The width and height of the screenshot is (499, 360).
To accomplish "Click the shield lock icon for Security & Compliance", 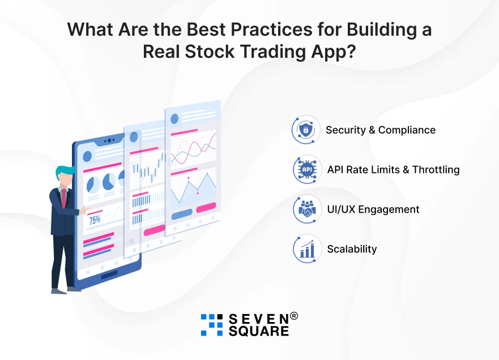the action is tap(305, 130).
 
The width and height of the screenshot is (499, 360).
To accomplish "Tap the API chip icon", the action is tap(307, 170).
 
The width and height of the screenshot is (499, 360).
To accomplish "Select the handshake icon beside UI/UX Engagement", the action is tap(307, 209).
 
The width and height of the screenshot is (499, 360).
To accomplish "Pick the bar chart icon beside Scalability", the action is tap(307, 249).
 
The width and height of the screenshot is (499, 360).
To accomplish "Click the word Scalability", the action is tap(352, 249).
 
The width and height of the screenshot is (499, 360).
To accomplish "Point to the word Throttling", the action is tap(436, 170).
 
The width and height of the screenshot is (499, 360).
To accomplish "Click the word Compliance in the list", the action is tap(407, 130).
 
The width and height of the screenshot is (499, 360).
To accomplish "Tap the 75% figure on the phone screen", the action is tap(95, 220).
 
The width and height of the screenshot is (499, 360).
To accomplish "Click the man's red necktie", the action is tap(64, 197).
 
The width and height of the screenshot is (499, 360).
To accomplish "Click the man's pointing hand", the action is tap(84, 210).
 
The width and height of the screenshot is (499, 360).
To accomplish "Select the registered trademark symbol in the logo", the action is tap(294, 316).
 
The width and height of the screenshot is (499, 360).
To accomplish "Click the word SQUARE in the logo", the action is tap(259, 331).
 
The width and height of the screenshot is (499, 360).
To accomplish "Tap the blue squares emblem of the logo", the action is tap(212, 325).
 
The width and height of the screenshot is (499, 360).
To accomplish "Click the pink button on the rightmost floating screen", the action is tap(206, 207).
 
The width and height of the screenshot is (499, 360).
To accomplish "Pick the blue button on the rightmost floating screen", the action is tap(182, 214).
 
